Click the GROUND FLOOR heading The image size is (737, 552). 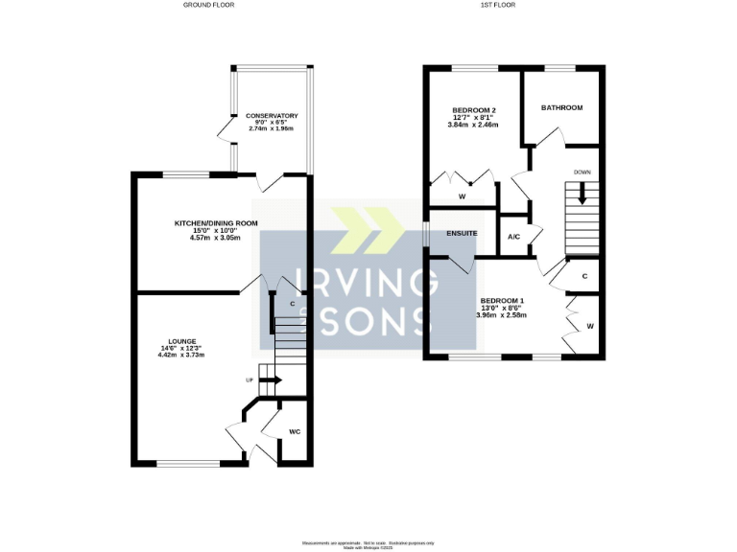208,5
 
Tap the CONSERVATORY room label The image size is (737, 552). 272,116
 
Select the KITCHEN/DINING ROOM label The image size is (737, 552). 216,223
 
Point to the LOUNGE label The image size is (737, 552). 181,340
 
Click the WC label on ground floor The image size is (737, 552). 295,432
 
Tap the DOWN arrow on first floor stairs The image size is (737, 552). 582,195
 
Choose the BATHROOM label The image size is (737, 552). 561,108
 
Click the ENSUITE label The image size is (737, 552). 462,233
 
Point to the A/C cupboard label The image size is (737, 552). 513,237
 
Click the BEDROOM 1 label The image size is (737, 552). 502,299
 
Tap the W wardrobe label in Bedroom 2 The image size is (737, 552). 462,196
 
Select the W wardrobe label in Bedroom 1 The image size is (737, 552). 590,327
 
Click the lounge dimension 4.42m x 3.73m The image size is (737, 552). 181,355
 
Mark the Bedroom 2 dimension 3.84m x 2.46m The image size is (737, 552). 473,125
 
